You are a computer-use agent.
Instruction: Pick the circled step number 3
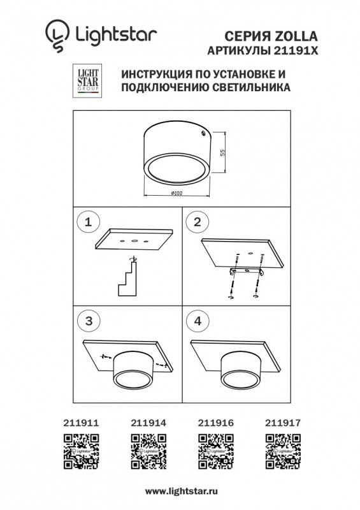pyautogui.click(x=89, y=321)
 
